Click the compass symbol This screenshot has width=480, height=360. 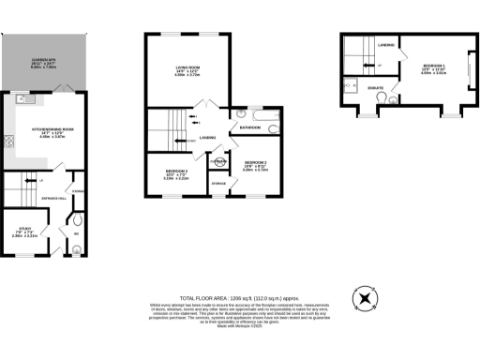(x=363, y=299)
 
